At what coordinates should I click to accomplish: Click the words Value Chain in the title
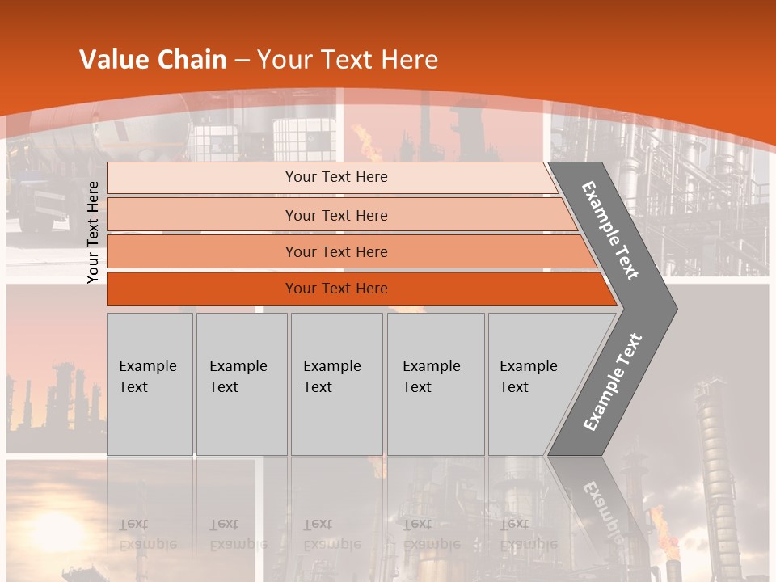coord(153,60)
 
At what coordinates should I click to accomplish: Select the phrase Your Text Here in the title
coord(348,60)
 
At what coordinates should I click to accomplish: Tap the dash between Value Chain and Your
coord(242,61)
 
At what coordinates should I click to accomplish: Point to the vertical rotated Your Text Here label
coord(93,232)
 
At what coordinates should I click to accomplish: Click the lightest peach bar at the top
coord(335,177)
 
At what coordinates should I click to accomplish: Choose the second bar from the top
coord(335,215)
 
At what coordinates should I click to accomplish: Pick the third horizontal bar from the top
coord(335,251)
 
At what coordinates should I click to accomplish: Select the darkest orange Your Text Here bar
coord(335,289)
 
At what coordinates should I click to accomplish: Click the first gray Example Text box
coord(150,384)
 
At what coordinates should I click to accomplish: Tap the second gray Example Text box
coord(241,384)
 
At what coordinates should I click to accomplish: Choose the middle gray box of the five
coord(336,384)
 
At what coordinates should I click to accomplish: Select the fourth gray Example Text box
coord(435,384)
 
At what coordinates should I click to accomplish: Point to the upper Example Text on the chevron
coord(610,230)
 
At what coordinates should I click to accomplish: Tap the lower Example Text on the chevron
coord(612,382)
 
